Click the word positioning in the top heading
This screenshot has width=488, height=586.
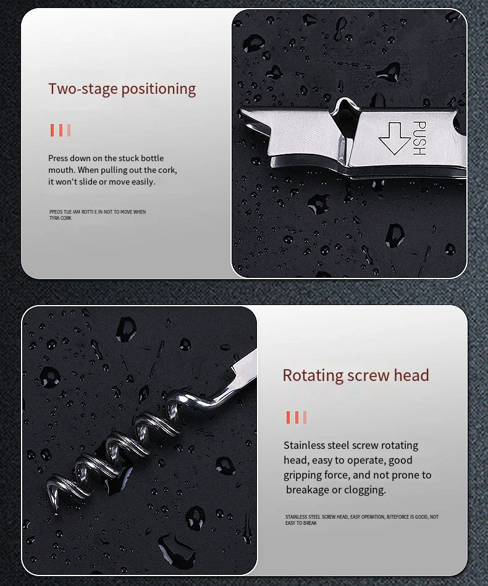pos(158,90)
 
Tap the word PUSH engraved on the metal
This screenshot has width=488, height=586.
pos(418,138)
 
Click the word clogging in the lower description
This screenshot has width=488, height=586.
pos(364,490)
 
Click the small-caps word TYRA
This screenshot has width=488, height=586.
pos(54,218)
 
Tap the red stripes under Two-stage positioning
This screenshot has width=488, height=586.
pos(61,130)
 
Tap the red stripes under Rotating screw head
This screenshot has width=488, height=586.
pos(296,417)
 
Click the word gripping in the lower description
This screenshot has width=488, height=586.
pos(303,475)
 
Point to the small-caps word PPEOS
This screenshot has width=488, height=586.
pos(56,212)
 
